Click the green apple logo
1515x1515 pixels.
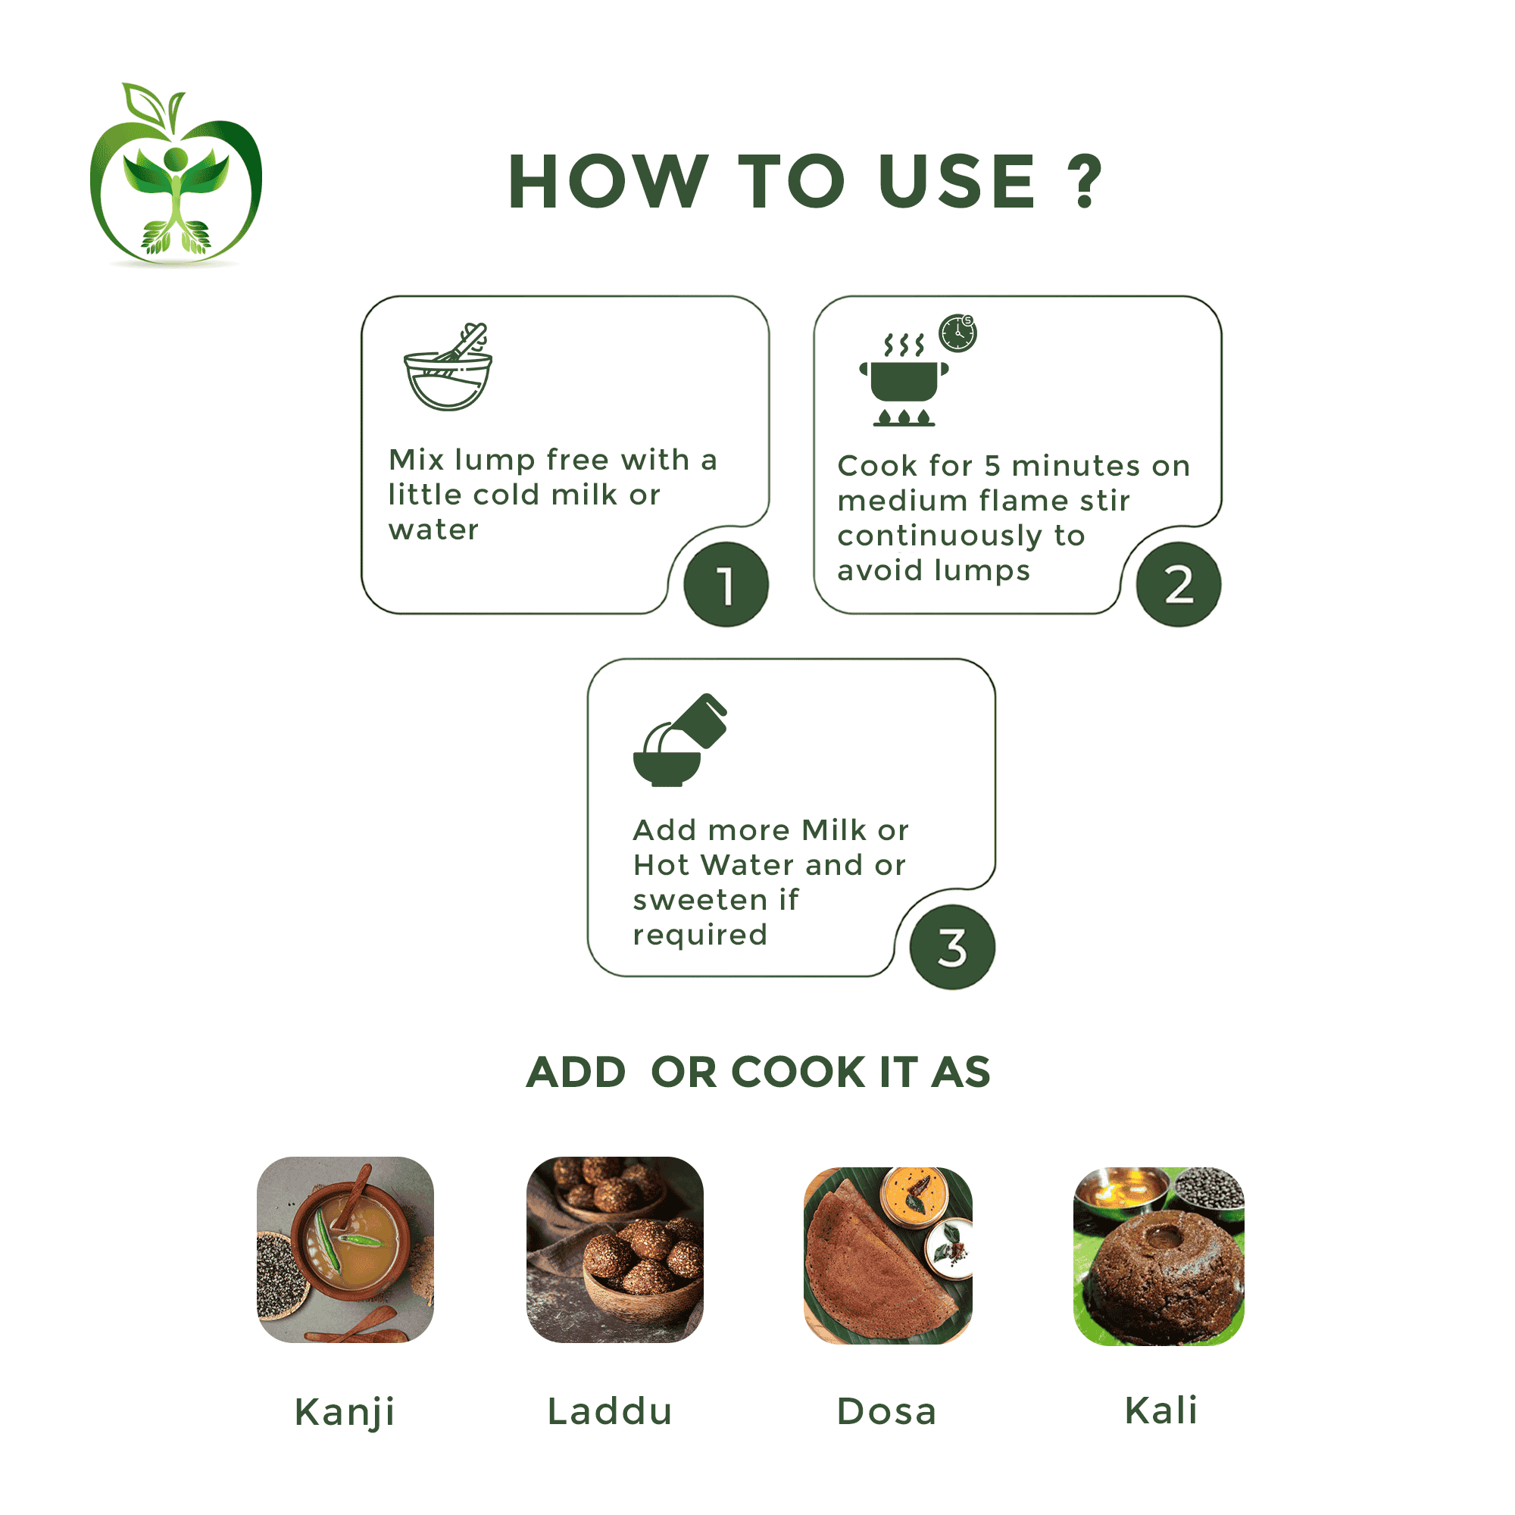(x=176, y=175)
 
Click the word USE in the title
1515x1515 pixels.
(x=957, y=181)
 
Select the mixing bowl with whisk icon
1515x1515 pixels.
(x=448, y=366)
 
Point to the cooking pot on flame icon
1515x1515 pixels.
(x=904, y=380)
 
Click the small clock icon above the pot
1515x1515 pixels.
(x=957, y=333)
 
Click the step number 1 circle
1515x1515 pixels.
(x=726, y=584)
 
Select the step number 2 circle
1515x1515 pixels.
(x=1179, y=584)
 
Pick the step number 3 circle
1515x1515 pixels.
(x=952, y=948)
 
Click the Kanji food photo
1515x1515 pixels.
(x=345, y=1249)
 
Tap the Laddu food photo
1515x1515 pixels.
(x=615, y=1249)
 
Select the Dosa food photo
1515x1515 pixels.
(x=888, y=1254)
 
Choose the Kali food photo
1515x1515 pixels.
(x=1158, y=1256)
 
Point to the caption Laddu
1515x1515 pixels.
(x=609, y=1411)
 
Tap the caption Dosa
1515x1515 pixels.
(x=886, y=1411)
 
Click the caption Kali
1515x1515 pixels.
(x=1160, y=1410)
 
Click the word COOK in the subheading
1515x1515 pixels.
(x=798, y=1072)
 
